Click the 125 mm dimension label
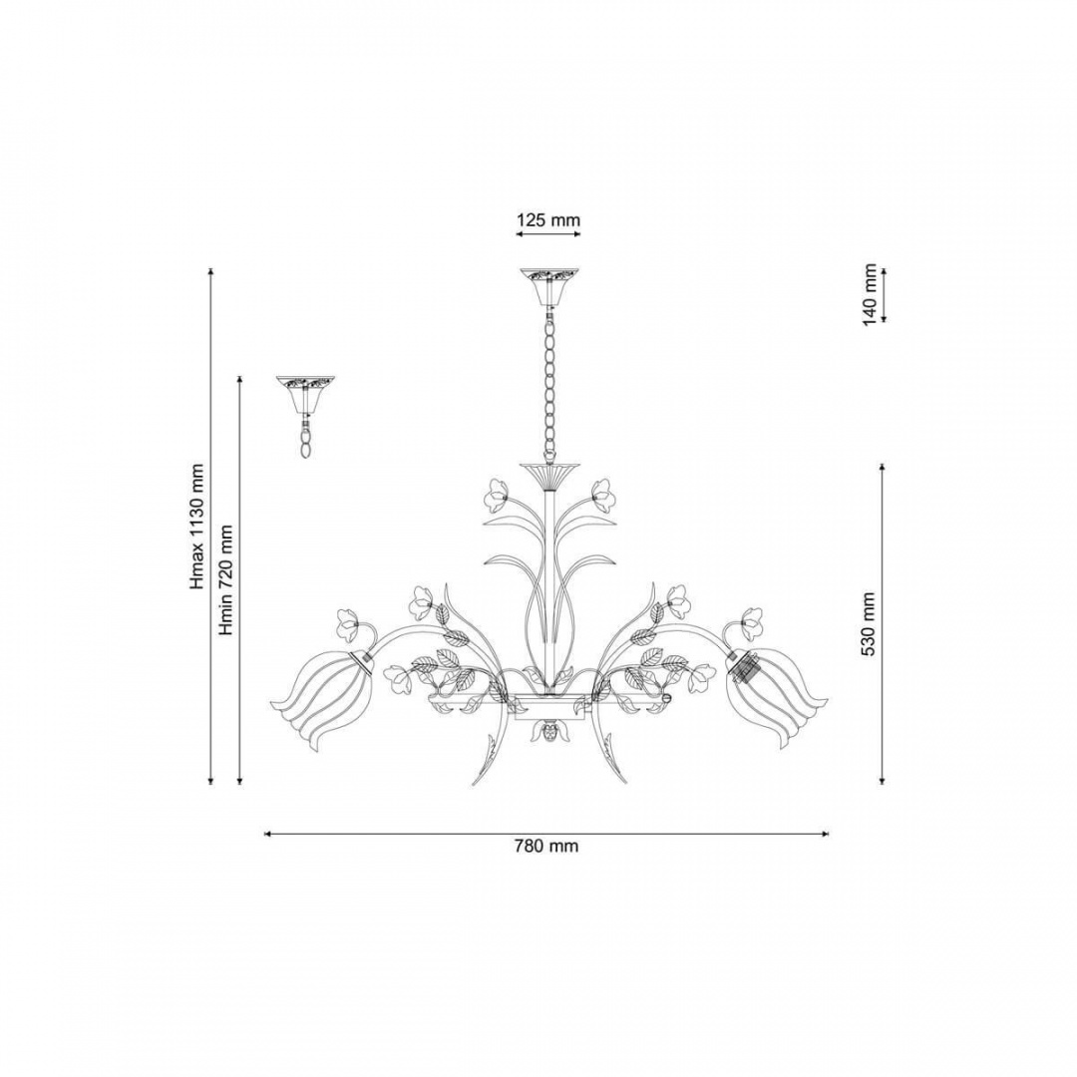click(548, 219)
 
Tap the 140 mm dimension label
click(871, 294)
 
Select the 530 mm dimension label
click(869, 623)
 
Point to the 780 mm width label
click(546, 846)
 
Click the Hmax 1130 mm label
click(198, 527)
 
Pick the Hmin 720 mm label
click(226, 580)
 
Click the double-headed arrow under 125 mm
click(548, 234)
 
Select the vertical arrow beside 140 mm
click(883, 294)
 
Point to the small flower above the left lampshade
click(349, 624)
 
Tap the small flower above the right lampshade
click(750, 623)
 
